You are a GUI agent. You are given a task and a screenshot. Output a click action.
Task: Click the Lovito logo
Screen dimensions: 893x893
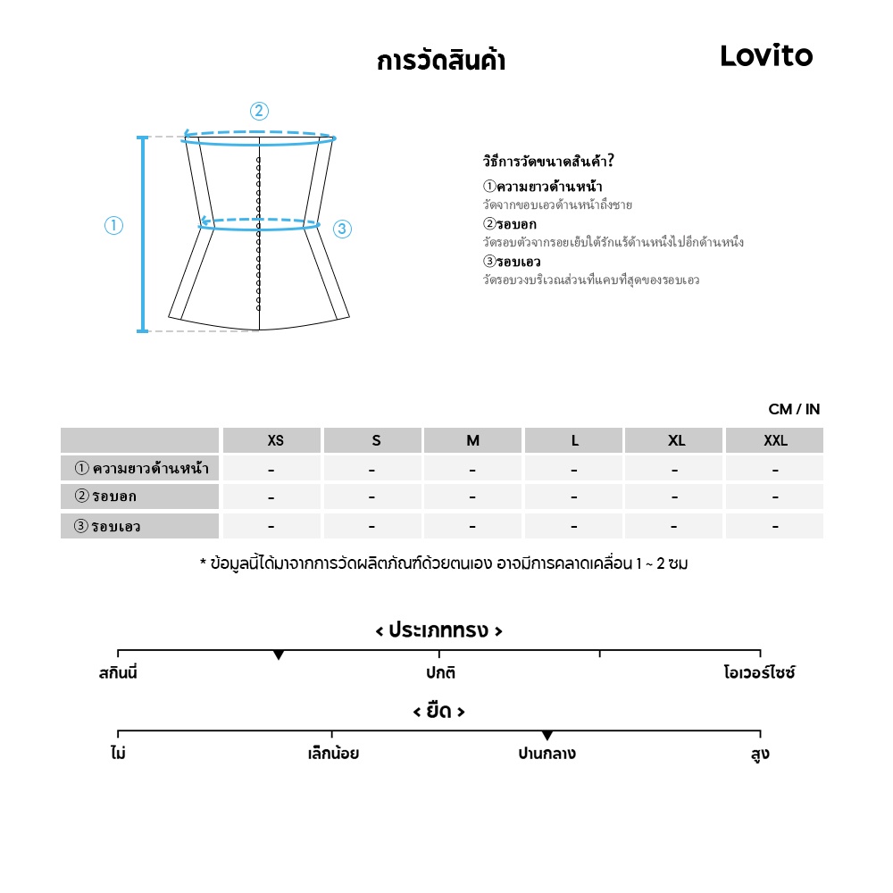pyautogui.click(x=766, y=56)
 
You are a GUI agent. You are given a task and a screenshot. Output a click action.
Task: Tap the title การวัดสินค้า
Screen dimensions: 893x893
pyautogui.click(x=441, y=62)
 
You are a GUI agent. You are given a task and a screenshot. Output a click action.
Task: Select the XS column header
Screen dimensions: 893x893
pyautogui.click(x=275, y=440)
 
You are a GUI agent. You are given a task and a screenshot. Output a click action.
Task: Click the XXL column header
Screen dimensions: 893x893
pyautogui.click(x=775, y=440)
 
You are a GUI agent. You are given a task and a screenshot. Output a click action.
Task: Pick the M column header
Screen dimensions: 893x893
pyautogui.click(x=472, y=440)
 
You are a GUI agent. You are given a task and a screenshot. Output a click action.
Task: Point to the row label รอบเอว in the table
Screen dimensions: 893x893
pyautogui.click(x=107, y=526)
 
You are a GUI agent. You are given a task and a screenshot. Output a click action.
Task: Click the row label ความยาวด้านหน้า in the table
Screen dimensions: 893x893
pyautogui.click(x=142, y=468)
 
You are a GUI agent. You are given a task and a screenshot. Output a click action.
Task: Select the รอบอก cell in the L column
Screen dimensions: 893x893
pyautogui.click(x=574, y=497)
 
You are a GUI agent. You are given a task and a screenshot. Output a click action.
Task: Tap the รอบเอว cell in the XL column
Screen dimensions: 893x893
pyautogui.click(x=674, y=527)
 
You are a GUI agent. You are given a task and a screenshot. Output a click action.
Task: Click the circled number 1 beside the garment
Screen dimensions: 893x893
pyautogui.click(x=113, y=226)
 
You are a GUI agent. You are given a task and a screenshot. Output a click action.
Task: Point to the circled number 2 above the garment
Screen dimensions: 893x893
pyautogui.click(x=259, y=111)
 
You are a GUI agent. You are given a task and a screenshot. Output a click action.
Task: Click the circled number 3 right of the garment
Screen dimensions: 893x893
pyautogui.click(x=342, y=230)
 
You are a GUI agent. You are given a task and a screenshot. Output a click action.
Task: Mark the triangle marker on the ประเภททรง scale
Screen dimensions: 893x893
pyautogui.click(x=279, y=655)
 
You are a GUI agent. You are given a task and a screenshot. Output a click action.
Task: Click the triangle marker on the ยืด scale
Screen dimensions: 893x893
pyautogui.click(x=547, y=736)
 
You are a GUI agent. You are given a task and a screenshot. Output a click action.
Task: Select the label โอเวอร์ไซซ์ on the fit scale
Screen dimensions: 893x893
pyautogui.click(x=759, y=672)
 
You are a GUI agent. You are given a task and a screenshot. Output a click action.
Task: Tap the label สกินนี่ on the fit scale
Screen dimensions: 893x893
pyautogui.click(x=118, y=672)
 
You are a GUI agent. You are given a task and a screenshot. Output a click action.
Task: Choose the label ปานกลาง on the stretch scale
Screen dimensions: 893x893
pyautogui.click(x=547, y=754)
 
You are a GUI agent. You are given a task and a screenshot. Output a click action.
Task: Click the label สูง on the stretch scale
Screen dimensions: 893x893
pyautogui.click(x=760, y=754)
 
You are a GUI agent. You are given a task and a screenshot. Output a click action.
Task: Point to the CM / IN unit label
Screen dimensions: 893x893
pyautogui.click(x=794, y=410)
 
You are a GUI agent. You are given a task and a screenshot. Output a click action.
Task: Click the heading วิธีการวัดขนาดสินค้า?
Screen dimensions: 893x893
pyautogui.click(x=548, y=162)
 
